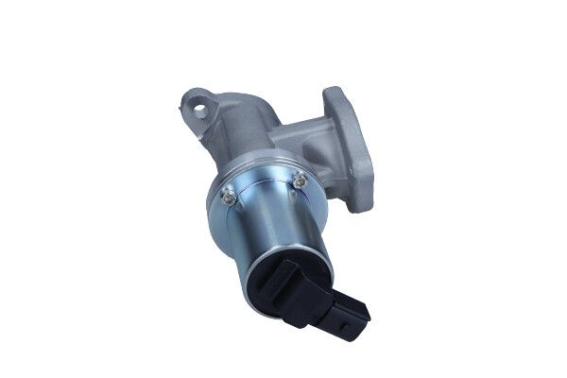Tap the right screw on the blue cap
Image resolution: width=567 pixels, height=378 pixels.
[x=300, y=180]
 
